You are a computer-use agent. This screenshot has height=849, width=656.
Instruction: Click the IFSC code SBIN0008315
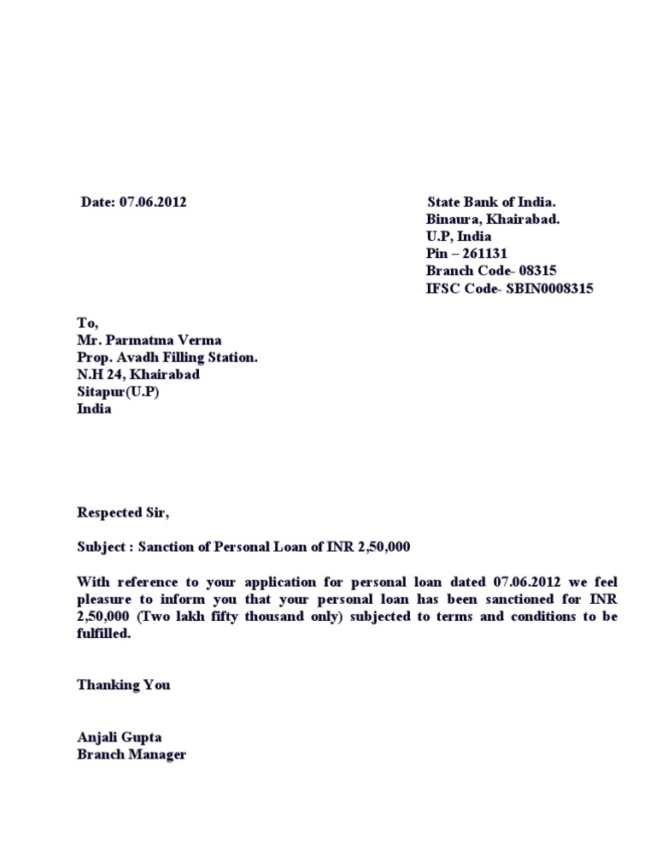pos(550,289)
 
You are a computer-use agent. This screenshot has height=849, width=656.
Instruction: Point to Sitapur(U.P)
pos(118,392)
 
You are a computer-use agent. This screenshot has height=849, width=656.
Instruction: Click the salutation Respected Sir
pos(123,513)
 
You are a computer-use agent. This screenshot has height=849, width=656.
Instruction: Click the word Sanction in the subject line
pos(170,547)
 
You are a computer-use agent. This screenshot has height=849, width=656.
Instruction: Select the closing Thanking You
pos(124,685)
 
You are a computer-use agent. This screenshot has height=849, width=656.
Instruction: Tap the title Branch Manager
pos(132,754)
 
